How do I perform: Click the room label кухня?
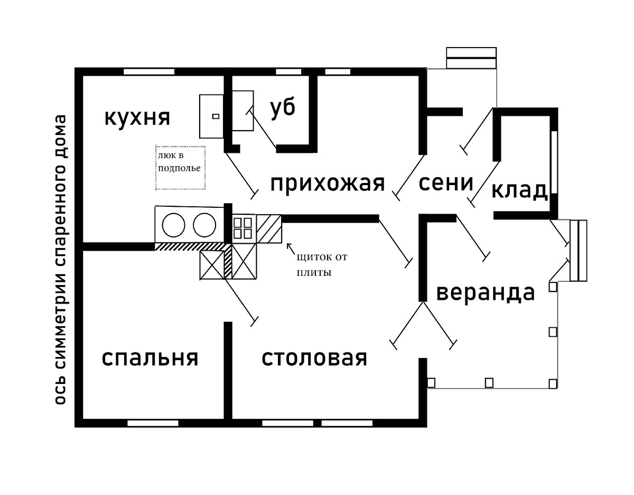[137, 117]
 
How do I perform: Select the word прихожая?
[327, 184]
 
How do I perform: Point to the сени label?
[445, 183]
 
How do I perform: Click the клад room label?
[519, 190]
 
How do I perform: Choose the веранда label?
[486, 292]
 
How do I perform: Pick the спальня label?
[150, 358]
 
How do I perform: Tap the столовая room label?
[314, 358]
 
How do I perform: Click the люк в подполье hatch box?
[180, 168]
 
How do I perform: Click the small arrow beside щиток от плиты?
[290, 247]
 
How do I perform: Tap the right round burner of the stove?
[204, 225]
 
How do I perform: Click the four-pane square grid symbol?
[244, 228]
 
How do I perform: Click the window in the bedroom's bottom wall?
[153, 423]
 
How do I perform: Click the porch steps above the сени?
[471, 58]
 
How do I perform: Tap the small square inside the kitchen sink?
[215, 116]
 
